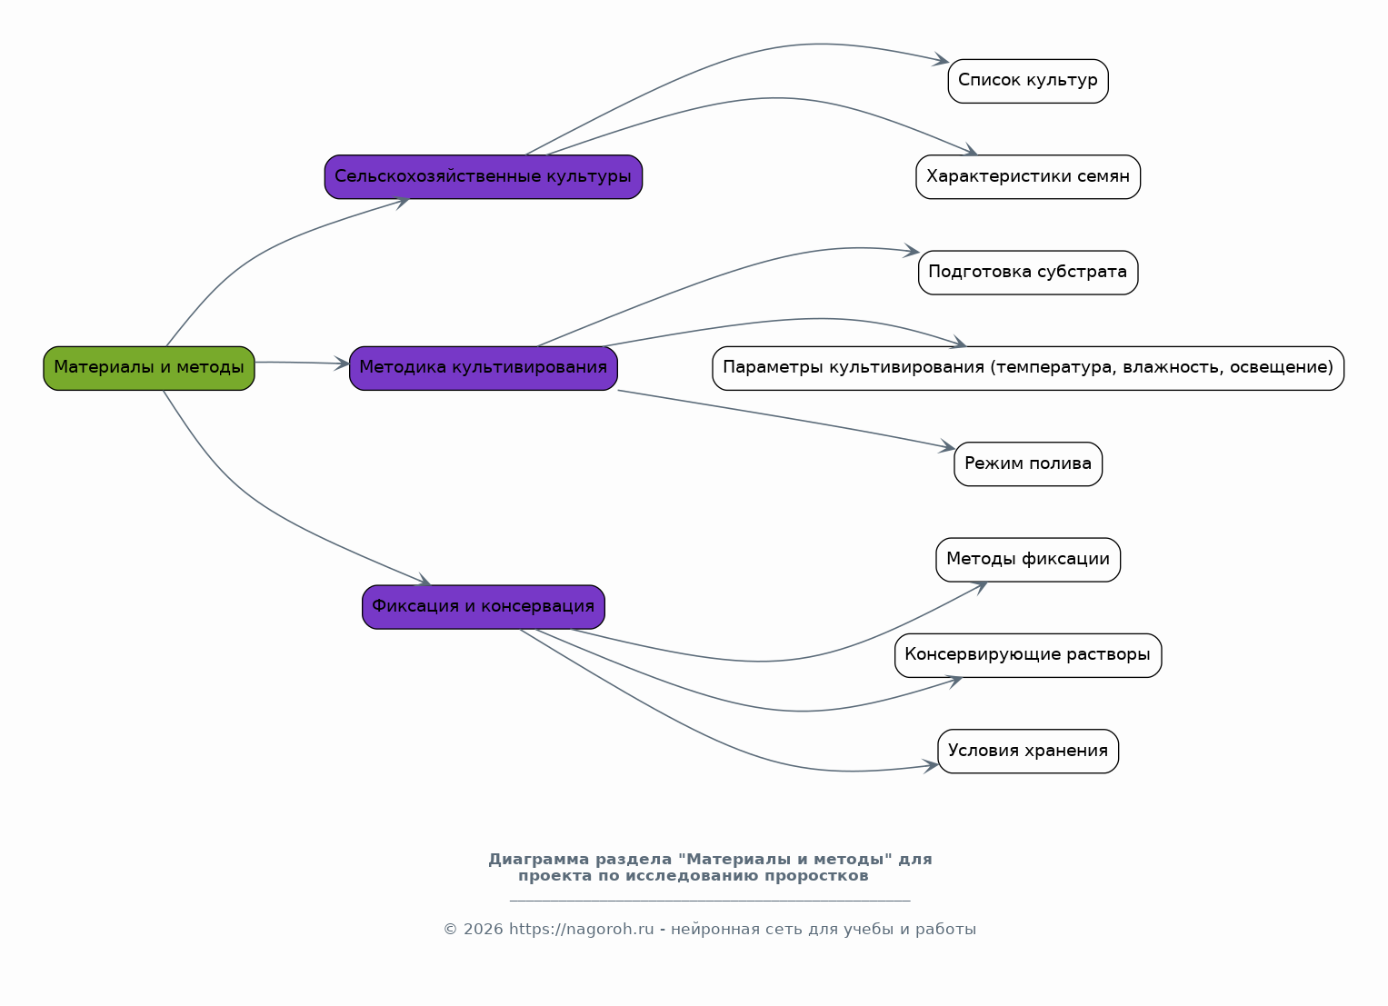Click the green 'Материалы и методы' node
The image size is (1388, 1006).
[149, 369]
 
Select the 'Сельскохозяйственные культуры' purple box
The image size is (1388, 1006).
[484, 177]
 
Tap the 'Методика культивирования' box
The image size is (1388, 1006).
[484, 369]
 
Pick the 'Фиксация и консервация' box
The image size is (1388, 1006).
[484, 607]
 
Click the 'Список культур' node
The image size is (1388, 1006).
[1028, 81]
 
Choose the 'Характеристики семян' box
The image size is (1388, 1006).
[1028, 177]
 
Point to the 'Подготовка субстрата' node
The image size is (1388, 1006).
[1028, 273]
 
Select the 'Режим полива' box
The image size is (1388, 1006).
[1028, 464]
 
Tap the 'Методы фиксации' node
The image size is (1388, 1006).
[1028, 560]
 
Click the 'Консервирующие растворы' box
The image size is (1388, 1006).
[1028, 655]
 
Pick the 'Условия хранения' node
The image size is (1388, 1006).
[1028, 752]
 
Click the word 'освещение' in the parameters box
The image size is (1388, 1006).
[1281, 368]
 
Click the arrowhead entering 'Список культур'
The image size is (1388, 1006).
[942, 59]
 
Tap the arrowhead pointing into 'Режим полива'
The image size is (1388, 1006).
[947, 446]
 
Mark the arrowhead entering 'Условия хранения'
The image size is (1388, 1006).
[931, 767]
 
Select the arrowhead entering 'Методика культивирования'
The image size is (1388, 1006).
[342, 364]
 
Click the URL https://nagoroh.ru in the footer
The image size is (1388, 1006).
[581, 930]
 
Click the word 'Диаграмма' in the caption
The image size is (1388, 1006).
[538, 860]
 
